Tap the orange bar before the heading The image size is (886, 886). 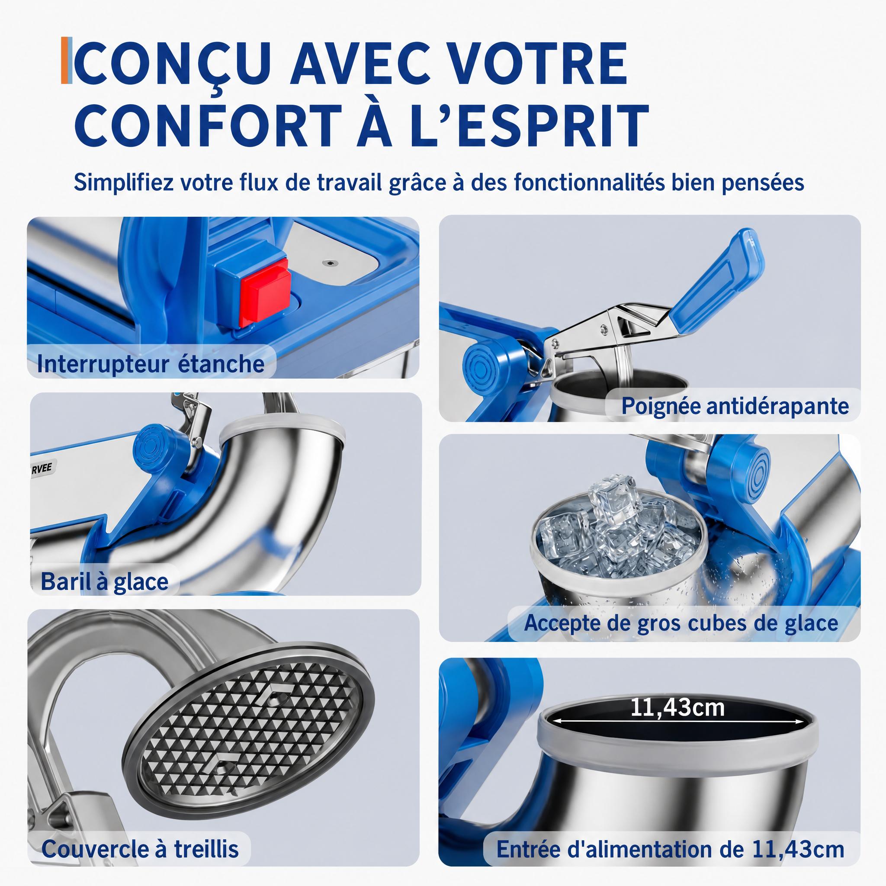[64, 61]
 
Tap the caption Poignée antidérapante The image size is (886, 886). [735, 406]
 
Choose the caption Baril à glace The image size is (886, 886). [105, 581]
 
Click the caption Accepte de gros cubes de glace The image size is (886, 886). [681, 623]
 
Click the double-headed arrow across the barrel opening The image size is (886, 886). [679, 726]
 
